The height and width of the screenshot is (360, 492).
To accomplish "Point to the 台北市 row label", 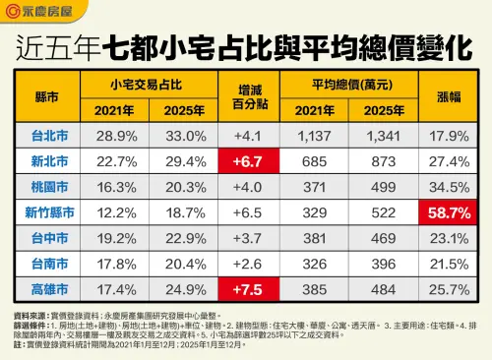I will [x=45, y=133].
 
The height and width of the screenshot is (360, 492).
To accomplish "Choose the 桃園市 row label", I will [x=45, y=185].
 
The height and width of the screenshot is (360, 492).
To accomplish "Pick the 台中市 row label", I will [x=45, y=238].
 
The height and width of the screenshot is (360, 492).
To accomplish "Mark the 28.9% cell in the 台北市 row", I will [x=110, y=133].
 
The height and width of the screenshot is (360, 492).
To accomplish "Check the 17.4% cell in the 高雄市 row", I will [x=110, y=290].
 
